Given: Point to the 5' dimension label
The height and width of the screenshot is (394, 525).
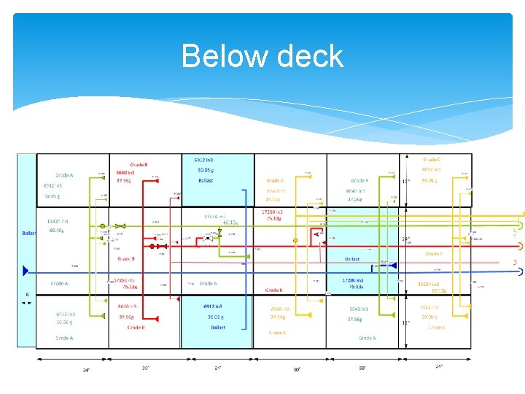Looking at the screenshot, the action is [28, 294].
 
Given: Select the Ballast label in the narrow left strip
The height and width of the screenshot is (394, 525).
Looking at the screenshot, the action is [28, 233].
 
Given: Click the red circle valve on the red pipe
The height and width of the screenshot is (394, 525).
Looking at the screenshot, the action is [152, 247].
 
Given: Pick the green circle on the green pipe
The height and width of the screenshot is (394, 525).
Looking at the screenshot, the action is [102, 226].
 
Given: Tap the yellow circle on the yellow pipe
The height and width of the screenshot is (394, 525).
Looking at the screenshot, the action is [295, 240].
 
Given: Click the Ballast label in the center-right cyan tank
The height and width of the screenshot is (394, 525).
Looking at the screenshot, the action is [352, 259].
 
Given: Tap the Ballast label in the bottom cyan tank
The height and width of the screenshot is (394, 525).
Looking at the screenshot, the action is [218, 328].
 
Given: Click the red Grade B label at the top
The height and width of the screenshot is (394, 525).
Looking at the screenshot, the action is [140, 165].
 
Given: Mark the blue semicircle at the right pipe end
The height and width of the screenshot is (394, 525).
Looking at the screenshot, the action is [520, 271].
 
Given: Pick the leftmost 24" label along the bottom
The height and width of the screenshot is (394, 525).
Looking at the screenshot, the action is [86, 370].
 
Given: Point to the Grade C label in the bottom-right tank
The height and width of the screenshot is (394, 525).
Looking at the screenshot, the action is [436, 328].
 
